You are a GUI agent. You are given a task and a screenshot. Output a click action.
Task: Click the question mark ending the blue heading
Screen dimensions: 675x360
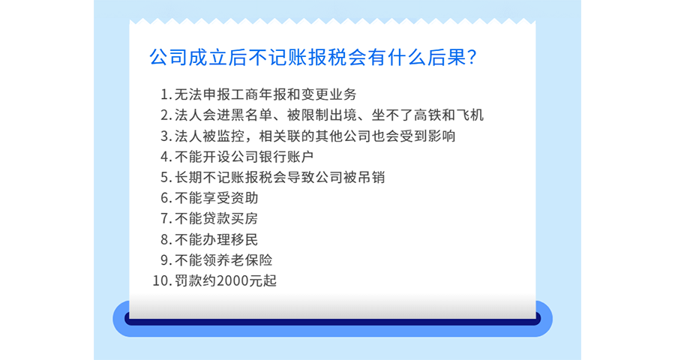point(472,57)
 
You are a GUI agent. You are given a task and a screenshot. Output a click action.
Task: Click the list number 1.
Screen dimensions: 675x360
point(164,94)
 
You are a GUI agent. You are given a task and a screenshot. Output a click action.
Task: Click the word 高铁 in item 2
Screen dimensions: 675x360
point(427,115)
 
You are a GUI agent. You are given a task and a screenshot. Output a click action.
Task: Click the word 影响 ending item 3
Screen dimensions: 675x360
point(442,136)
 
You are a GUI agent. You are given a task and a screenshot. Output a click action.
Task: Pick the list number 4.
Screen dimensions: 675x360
point(164,156)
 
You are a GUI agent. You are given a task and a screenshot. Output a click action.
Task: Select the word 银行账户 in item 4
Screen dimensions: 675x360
point(286,156)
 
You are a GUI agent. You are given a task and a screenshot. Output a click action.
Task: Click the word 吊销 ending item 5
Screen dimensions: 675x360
point(371,177)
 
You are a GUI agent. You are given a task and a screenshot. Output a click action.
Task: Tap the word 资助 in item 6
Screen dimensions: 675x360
point(244,198)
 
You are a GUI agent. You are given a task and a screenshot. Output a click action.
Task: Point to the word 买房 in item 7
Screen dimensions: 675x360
point(244,218)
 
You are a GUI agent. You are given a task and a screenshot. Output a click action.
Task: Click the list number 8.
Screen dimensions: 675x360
point(164,239)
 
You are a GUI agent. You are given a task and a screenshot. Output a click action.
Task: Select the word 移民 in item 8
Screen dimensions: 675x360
point(244,239)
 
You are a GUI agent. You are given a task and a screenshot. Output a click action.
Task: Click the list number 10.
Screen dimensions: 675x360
point(160,280)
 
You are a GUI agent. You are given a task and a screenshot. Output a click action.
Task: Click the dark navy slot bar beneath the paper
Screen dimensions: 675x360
point(332,321)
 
